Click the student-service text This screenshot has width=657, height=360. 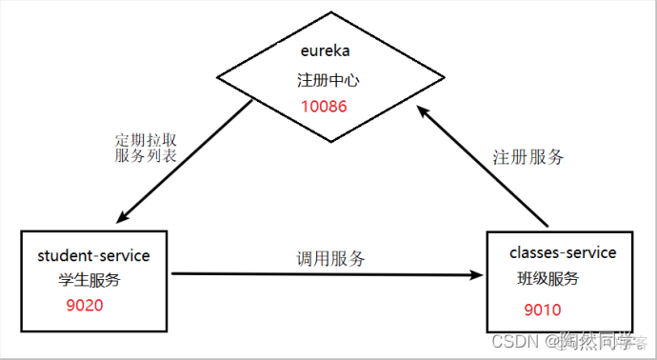click(x=94, y=256)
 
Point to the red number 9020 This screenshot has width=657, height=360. click(x=84, y=306)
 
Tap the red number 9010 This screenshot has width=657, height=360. click(x=543, y=310)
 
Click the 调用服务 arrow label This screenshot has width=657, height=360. click(x=329, y=258)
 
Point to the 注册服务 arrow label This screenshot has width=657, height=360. click(x=528, y=157)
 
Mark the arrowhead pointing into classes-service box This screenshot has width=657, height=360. click(x=476, y=275)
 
